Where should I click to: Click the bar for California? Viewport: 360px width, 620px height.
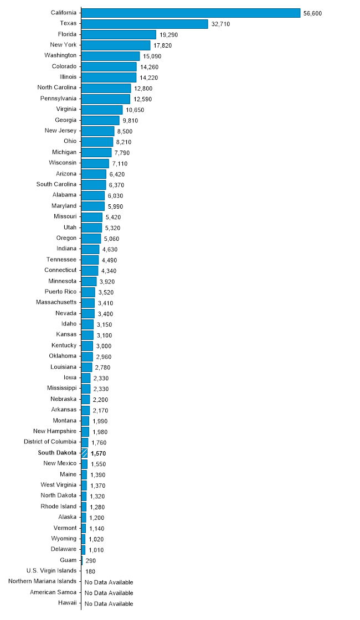(191, 13)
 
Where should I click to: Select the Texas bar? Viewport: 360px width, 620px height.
(145, 24)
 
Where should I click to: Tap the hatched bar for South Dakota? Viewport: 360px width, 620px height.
(84, 453)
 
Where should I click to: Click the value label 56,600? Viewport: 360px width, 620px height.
(312, 13)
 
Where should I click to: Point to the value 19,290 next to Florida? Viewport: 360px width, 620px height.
(168, 35)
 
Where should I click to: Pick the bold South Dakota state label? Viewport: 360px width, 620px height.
(57, 453)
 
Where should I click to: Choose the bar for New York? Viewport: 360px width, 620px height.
(116, 45)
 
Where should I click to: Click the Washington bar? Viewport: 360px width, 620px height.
(110, 56)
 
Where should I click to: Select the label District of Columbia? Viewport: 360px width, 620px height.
(50, 442)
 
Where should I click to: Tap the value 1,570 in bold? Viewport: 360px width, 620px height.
(98, 453)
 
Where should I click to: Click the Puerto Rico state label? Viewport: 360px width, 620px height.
(60, 292)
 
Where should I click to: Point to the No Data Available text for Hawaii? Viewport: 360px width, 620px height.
(109, 604)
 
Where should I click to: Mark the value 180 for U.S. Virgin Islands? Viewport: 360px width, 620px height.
(91, 571)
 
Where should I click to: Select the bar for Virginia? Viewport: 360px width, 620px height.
(102, 110)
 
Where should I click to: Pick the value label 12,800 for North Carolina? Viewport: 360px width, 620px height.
(143, 89)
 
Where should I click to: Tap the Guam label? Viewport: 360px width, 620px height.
(68, 560)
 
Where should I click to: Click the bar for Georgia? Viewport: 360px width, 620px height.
(100, 120)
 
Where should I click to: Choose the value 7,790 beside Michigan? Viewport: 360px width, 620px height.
(124, 153)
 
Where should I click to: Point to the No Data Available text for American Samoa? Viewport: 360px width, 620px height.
(109, 593)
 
